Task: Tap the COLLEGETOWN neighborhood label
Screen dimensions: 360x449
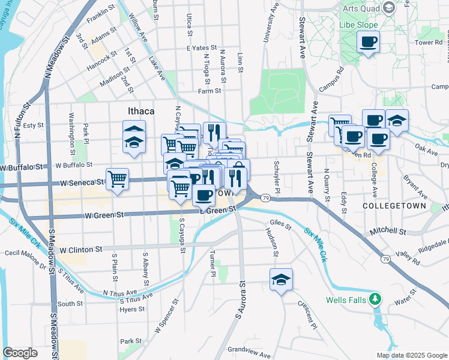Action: click(x=394, y=206)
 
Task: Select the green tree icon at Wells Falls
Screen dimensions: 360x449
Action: click(x=375, y=298)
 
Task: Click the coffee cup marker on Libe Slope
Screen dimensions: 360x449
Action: click(x=368, y=42)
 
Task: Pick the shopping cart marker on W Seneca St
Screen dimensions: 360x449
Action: click(x=118, y=178)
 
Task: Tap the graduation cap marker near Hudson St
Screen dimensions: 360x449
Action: click(x=281, y=279)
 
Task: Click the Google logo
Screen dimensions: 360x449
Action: click(x=20, y=352)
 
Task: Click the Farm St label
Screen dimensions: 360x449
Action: click(x=209, y=91)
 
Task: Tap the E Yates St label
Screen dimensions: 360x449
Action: click(x=200, y=47)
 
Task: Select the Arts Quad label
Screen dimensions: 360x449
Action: click(x=360, y=8)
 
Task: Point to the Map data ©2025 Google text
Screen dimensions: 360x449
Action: click(x=411, y=355)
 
